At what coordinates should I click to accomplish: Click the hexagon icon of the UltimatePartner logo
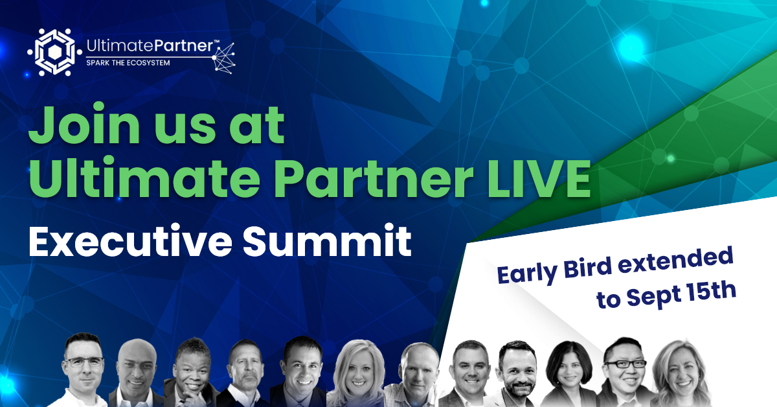55,52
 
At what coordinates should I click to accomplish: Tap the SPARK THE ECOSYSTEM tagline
128,63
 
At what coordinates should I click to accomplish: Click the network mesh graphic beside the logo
224,58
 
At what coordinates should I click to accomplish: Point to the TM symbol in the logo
216,41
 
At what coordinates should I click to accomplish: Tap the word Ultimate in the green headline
144,177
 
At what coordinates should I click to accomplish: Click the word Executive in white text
130,240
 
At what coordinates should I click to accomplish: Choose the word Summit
327,240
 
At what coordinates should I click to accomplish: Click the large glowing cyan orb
631,48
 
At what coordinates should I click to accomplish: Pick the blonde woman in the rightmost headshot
681,373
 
